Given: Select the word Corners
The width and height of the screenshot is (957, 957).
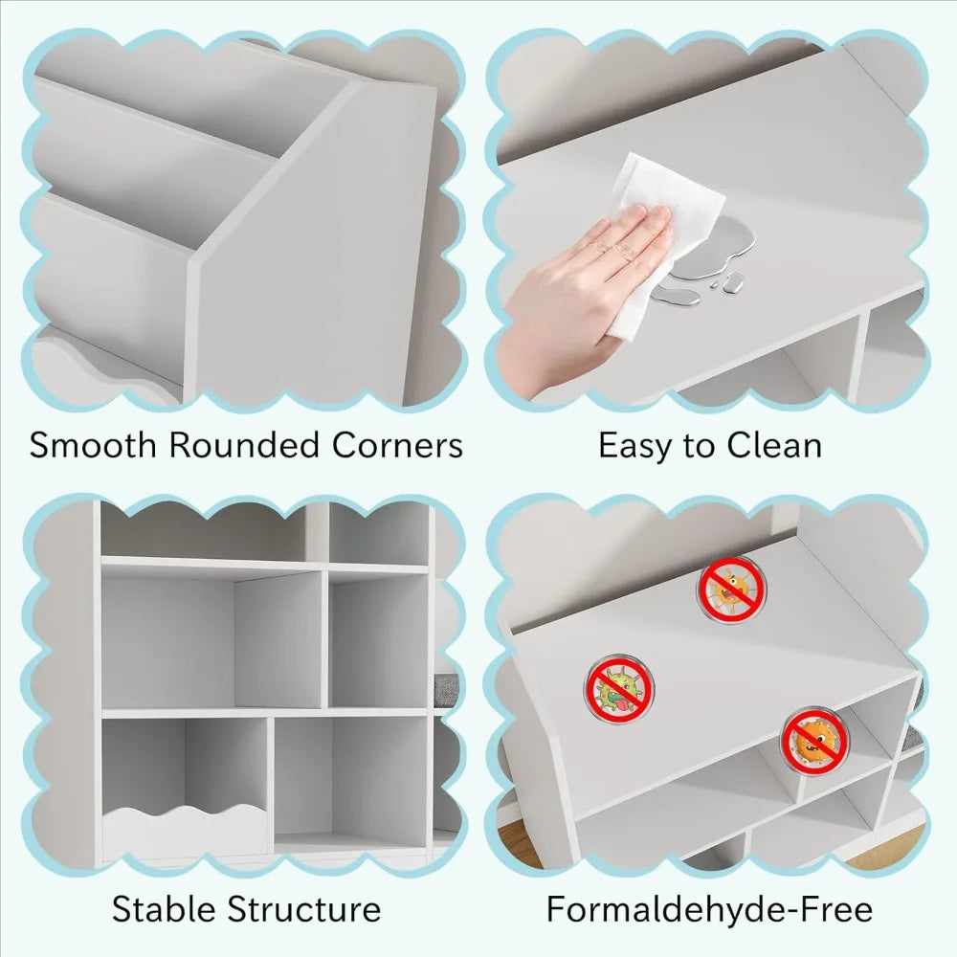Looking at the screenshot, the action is click(x=397, y=445).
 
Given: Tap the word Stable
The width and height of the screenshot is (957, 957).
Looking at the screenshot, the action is click(x=165, y=909).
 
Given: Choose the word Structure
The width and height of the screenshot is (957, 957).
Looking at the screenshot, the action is click(x=304, y=909).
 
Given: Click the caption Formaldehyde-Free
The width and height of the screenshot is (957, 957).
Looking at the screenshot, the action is click(x=709, y=910).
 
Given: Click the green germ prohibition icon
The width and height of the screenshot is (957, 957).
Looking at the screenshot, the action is click(x=619, y=689).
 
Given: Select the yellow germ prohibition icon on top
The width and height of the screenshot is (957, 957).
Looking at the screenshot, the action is click(x=730, y=589).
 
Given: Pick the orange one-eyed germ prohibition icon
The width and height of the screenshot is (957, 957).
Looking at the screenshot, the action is click(x=814, y=741).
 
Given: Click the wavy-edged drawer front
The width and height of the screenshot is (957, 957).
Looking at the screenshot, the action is click(x=183, y=828).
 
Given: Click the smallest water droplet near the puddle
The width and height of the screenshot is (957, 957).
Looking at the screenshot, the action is click(x=714, y=285).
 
